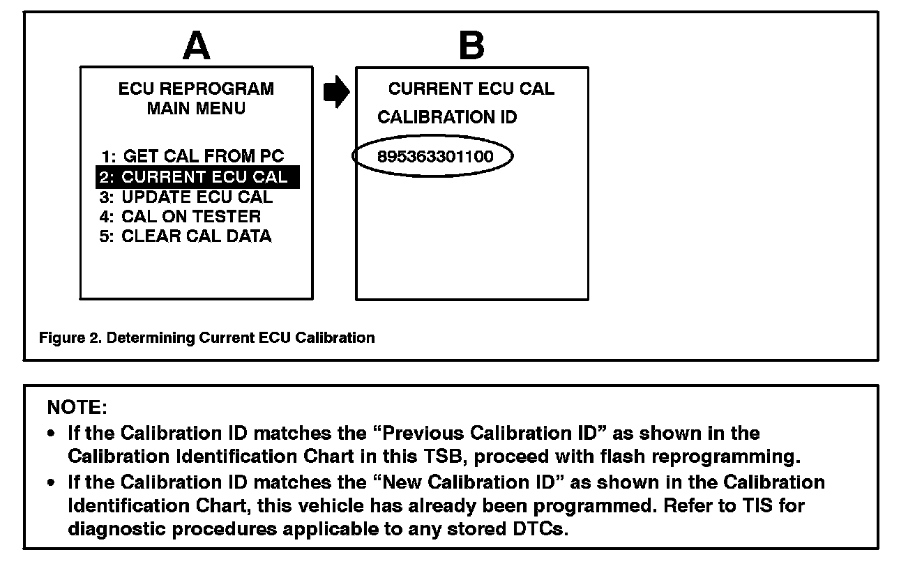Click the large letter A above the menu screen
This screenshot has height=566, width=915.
click(x=196, y=46)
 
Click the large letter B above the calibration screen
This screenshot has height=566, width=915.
click(x=471, y=46)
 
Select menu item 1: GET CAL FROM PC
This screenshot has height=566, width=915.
click(x=192, y=157)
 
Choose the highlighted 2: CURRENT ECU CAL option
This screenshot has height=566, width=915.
click(x=197, y=177)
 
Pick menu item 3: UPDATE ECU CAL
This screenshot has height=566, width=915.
click(x=186, y=197)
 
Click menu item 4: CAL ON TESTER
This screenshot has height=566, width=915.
click(x=181, y=216)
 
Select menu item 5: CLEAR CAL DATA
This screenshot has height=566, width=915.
click(x=186, y=236)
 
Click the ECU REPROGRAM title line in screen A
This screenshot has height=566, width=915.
click(x=196, y=89)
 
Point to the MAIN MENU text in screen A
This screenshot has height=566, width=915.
click(x=196, y=109)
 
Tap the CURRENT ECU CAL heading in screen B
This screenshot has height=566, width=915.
click(x=471, y=89)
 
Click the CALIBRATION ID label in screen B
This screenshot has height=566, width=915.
click(x=447, y=117)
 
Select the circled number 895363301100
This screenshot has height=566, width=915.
click(x=434, y=157)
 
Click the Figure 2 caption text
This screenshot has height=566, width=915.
click(x=206, y=338)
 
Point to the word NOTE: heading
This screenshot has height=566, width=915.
click(x=77, y=406)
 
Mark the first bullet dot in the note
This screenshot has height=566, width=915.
click(x=52, y=434)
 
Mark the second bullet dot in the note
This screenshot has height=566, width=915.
click(x=52, y=483)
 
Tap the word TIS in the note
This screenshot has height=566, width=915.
click(x=766, y=506)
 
